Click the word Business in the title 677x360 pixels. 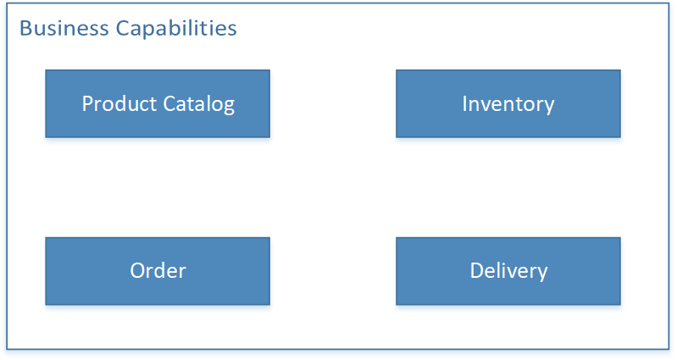point(64,29)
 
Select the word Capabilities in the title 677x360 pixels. point(176,30)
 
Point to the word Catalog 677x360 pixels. point(199,105)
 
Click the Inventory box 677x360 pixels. point(508,103)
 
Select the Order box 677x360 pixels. point(158,271)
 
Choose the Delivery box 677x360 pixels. point(508,271)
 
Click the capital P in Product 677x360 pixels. point(87,104)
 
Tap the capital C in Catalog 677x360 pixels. point(169,104)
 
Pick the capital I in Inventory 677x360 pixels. point(464,104)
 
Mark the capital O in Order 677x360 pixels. point(138,271)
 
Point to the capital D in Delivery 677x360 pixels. point(478,271)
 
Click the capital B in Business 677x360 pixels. point(26,29)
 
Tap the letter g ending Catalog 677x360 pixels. point(229,107)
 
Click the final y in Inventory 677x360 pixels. point(549,107)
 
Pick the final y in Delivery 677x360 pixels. point(542,274)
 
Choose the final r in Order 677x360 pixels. point(182,274)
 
